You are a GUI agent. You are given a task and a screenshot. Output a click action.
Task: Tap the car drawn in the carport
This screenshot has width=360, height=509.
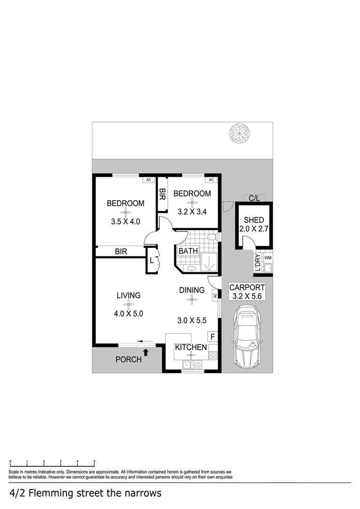tap(247, 337)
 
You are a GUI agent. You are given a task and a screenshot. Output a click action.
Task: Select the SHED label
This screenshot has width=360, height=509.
tap(254, 220)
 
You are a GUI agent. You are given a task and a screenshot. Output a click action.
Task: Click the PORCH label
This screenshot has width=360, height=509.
tap(129, 360)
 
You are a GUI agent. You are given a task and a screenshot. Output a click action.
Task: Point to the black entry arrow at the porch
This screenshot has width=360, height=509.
tap(146, 352)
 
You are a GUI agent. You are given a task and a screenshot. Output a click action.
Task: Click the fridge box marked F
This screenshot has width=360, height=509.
tap(213, 337)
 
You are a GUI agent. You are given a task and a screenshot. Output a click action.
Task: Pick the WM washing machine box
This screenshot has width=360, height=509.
tap(268, 258)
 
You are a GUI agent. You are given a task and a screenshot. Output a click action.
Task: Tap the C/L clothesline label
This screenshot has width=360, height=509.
tap(254, 199)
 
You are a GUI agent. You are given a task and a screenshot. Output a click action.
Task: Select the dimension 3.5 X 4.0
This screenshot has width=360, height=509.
tap(126, 221)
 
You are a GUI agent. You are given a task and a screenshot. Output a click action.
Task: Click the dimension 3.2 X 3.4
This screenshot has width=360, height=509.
tap(192, 212)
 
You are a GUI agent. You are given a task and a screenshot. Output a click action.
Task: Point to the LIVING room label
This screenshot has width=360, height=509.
tap(129, 296)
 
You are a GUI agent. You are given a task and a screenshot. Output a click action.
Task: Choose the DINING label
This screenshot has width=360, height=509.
tap(191, 290)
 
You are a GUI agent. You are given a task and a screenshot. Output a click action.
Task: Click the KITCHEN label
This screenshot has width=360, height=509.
tap(191, 347)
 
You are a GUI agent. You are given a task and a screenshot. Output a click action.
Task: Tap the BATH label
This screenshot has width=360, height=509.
tap(188, 251)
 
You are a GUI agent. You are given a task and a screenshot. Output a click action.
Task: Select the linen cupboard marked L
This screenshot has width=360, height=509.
tap(152, 260)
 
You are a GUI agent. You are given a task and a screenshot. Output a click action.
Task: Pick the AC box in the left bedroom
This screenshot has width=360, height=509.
tap(148, 180)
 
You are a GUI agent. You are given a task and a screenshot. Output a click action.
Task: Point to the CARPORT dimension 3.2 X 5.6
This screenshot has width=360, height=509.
tap(247, 296)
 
